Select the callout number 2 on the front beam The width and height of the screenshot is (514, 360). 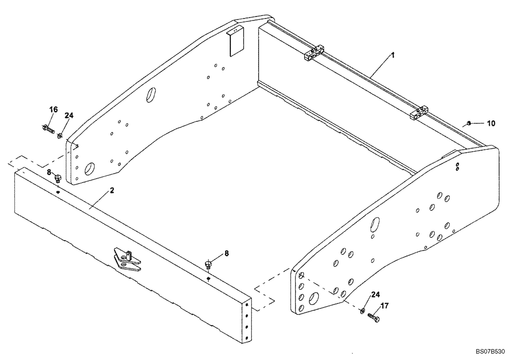tap(112, 191)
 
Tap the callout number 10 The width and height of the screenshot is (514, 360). tap(491, 123)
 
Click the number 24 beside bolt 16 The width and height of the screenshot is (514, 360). tap(69, 116)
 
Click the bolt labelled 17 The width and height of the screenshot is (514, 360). tap(373, 319)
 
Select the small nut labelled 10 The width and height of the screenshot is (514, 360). tap(469, 123)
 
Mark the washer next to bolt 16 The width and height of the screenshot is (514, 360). tap(60, 136)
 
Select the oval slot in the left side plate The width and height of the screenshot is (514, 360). tap(152, 95)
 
